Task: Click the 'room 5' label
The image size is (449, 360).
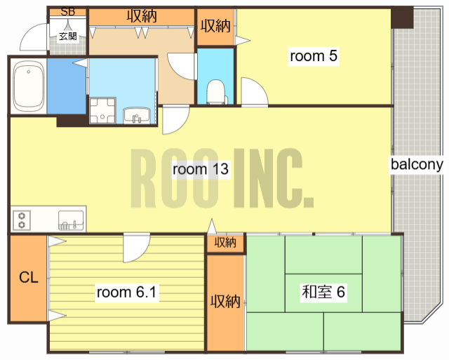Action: tap(314, 56)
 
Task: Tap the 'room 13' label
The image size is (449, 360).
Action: tap(201, 169)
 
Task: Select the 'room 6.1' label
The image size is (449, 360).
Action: tap(126, 293)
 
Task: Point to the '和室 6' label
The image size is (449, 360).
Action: tap(323, 292)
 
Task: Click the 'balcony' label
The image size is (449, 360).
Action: tap(417, 164)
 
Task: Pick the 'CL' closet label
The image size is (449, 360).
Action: tap(29, 277)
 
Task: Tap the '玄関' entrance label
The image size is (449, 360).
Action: tap(68, 36)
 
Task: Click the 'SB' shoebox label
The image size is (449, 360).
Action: tap(68, 11)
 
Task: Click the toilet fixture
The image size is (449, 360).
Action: tap(216, 92)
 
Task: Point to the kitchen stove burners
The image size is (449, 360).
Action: tap(22, 220)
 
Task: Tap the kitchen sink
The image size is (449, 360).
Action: tap(71, 220)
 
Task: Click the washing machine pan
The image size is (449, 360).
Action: tap(102, 111)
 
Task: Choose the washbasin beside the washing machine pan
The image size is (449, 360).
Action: tap(137, 115)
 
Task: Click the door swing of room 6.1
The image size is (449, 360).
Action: tap(137, 248)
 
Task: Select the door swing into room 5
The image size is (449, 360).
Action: tap(254, 92)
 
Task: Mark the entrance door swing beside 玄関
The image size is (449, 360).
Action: tap(34, 37)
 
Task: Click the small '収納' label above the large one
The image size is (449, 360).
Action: tap(226, 243)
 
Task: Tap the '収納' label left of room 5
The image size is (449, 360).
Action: tap(215, 26)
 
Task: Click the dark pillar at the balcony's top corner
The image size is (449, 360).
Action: tap(402, 17)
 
